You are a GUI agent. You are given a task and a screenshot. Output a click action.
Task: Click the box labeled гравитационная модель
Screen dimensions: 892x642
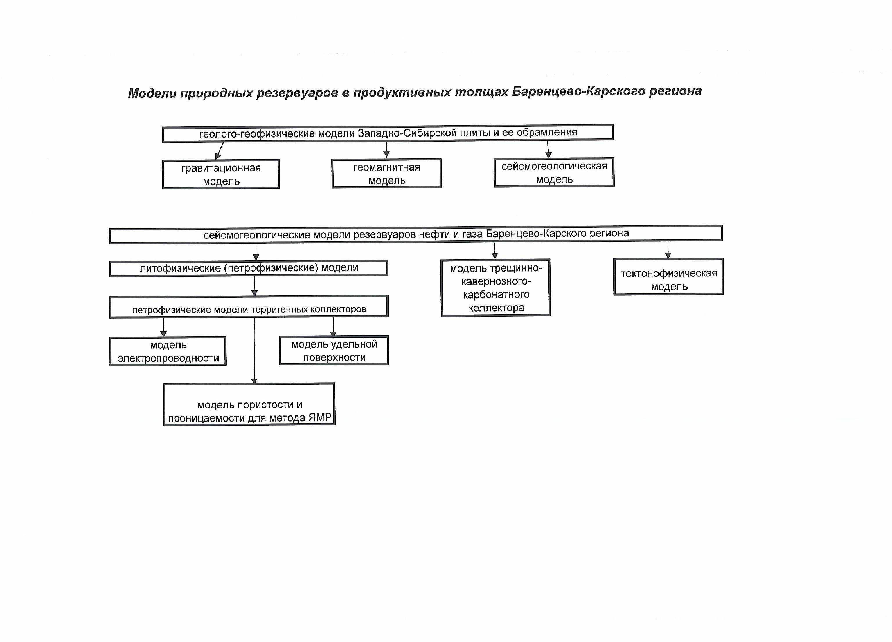(x=221, y=174)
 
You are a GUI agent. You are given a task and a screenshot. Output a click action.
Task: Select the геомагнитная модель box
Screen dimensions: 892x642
(x=386, y=173)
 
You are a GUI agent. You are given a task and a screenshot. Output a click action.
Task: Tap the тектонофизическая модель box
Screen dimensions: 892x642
(x=668, y=276)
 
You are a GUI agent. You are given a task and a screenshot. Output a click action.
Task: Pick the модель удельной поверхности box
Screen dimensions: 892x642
(x=334, y=350)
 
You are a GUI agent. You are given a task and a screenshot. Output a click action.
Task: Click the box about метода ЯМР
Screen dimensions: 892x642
(x=249, y=404)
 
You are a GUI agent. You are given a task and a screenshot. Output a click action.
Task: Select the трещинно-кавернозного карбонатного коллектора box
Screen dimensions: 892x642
(x=496, y=287)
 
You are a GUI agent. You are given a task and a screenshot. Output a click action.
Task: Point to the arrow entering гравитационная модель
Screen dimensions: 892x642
(x=219, y=151)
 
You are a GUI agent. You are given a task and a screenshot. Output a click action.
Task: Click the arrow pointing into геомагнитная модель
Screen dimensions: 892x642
(x=386, y=150)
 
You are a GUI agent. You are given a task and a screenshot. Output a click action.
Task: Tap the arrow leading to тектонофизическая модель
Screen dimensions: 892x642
(x=668, y=249)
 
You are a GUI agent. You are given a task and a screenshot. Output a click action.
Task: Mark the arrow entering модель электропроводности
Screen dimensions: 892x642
(x=163, y=327)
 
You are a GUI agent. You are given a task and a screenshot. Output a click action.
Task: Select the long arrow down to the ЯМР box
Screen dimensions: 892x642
(x=254, y=350)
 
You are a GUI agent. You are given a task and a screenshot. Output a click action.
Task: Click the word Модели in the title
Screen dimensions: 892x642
(x=152, y=93)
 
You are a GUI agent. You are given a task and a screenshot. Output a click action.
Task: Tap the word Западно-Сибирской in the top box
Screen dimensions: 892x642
(x=407, y=133)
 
